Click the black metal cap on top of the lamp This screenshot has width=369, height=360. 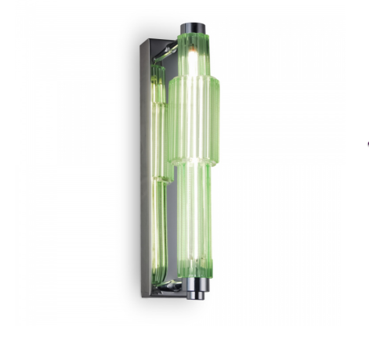tap(193, 30)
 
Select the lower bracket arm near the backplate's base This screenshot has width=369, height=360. tap(171, 286)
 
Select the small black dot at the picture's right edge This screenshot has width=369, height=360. tap(367, 143)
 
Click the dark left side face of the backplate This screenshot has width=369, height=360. tap(146, 164)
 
